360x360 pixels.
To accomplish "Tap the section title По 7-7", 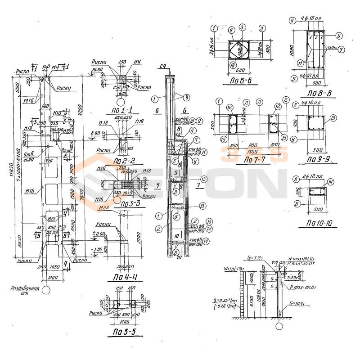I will pyautogui.click(x=254, y=160).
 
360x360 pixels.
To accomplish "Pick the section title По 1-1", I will pyautogui.click(x=122, y=109).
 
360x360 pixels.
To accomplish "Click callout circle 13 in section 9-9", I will pyautogui.click(x=333, y=118).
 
